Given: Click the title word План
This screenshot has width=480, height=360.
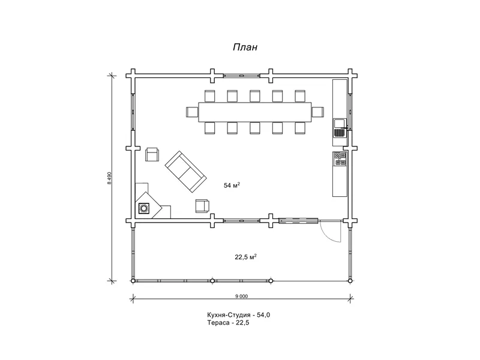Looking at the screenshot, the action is tap(245, 47).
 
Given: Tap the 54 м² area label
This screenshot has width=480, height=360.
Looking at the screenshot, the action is tap(232, 185).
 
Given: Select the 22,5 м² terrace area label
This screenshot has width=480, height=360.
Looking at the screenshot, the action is tap(245, 257).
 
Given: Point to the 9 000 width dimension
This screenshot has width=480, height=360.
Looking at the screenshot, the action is tap(242, 296).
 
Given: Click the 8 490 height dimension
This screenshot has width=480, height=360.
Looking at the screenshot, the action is tap(109, 178).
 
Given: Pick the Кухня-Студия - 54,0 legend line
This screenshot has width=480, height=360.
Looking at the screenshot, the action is tap(238, 314).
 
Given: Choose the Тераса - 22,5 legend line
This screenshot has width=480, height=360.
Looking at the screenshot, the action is tap(228, 322).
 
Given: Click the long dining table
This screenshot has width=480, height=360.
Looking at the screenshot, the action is tap(254, 112).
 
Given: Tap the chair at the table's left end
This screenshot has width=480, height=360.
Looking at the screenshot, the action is tap(192, 112).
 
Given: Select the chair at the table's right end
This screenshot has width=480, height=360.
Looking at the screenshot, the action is tap(318, 112).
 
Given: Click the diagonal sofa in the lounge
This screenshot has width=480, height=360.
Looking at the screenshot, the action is tap(185, 172).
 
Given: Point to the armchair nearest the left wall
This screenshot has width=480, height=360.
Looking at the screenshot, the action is tap(152, 154).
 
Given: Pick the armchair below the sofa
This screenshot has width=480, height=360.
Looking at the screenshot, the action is tap(202, 206).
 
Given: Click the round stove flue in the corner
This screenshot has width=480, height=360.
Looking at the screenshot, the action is tap(143, 208).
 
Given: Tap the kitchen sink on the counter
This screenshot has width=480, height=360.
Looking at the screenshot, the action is tap(340, 128).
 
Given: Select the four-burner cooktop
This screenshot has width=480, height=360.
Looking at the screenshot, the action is tap(340, 158).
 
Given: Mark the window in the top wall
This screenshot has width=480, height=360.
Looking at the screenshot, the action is tap(242, 76).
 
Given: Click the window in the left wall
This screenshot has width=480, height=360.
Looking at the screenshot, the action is tap(133, 112).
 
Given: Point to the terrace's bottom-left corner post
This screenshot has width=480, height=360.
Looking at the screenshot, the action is tap(133, 281).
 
